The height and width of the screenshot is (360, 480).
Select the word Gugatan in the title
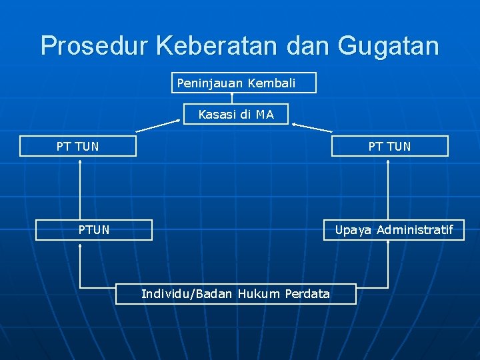[389, 46]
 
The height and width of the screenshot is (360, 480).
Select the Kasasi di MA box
[236, 115]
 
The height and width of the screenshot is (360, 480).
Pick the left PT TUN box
[78, 146]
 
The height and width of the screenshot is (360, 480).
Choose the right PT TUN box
[390, 146]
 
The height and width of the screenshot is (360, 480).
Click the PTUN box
[94, 230]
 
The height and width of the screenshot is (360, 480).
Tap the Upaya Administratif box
[393, 230]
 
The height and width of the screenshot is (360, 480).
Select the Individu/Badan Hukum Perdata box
[235, 293]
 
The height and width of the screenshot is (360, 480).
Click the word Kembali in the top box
[271, 83]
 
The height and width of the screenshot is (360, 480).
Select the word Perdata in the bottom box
[307, 293]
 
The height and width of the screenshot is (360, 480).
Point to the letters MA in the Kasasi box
[265, 115]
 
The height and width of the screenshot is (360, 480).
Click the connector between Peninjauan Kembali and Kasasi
[232, 99]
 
